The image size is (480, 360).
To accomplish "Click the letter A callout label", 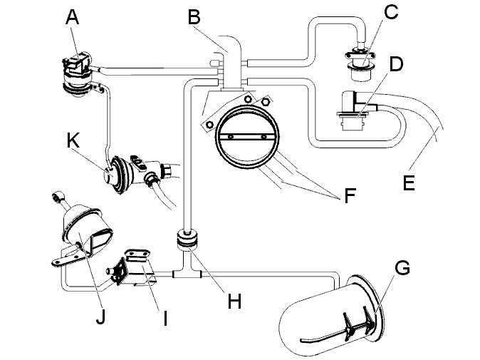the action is pyautogui.click(x=72, y=17).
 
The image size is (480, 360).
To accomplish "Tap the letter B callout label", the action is pyautogui.click(x=194, y=17).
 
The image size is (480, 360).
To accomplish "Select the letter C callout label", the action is pyautogui.click(x=390, y=12).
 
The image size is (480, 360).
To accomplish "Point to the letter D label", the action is pyautogui.click(x=396, y=64).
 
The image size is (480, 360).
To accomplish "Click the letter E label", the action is pyautogui.click(x=409, y=182).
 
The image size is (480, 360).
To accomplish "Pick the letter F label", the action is pyautogui.click(x=350, y=195).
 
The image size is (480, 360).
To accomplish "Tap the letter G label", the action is pyautogui.click(x=402, y=268).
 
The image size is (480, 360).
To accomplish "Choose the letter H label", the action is pyautogui.click(x=234, y=301).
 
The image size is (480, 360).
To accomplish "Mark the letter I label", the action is pyautogui.click(x=165, y=318).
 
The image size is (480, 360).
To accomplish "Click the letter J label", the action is pyautogui.click(x=100, y=317).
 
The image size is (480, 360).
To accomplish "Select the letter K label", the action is pyautogui.click(x=73, y=141).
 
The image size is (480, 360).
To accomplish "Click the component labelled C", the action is pyautogui.click(x=361, y=63).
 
